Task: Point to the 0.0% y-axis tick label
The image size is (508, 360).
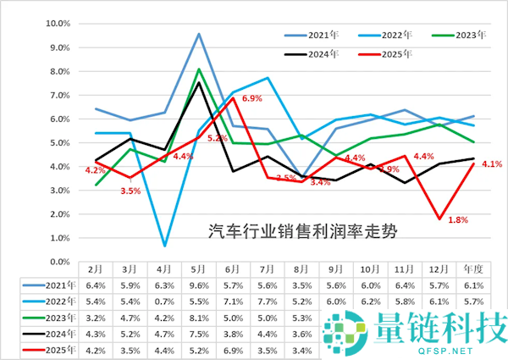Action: (57, 240)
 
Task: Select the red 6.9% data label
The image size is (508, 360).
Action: (253, 99)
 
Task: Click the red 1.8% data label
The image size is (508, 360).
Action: (457, 220)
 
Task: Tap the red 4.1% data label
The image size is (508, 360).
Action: (492, 164)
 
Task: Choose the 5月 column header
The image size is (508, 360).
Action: (198, 254)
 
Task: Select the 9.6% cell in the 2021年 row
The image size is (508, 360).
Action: (198, 270)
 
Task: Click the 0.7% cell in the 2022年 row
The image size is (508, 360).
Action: (165, 286)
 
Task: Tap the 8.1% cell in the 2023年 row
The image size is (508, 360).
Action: (198, 302)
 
